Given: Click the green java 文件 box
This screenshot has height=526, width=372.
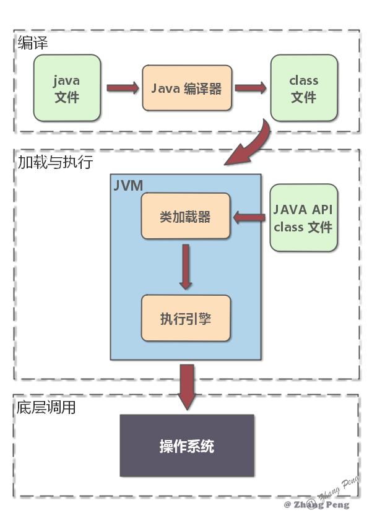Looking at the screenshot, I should coord(67,88).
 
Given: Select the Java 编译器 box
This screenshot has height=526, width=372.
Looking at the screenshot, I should coord(187,88).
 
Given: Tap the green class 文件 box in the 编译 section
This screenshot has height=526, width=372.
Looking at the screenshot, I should coord(303,88).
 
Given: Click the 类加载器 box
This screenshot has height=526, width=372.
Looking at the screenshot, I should coord(186,217).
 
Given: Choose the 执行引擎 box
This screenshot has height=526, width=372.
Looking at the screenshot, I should coord(186,318).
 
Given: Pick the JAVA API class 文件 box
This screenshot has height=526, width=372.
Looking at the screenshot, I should coord(303,218).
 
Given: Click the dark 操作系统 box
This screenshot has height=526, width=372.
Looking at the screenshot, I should coord(187,446).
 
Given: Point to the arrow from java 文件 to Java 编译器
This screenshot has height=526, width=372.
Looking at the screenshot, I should coord(122,88).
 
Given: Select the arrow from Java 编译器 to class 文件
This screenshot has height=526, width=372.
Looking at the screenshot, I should coord(250,88).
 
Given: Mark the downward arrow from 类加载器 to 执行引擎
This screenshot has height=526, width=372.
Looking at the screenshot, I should coord(186,266).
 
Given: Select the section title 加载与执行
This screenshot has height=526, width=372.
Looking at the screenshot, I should coord(54,162).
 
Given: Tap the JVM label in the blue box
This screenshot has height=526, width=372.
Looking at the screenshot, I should coord(128,185).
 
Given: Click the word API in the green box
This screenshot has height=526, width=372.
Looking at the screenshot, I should coord(321,209).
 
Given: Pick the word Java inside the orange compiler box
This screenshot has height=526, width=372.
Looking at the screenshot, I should coord(165,88).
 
